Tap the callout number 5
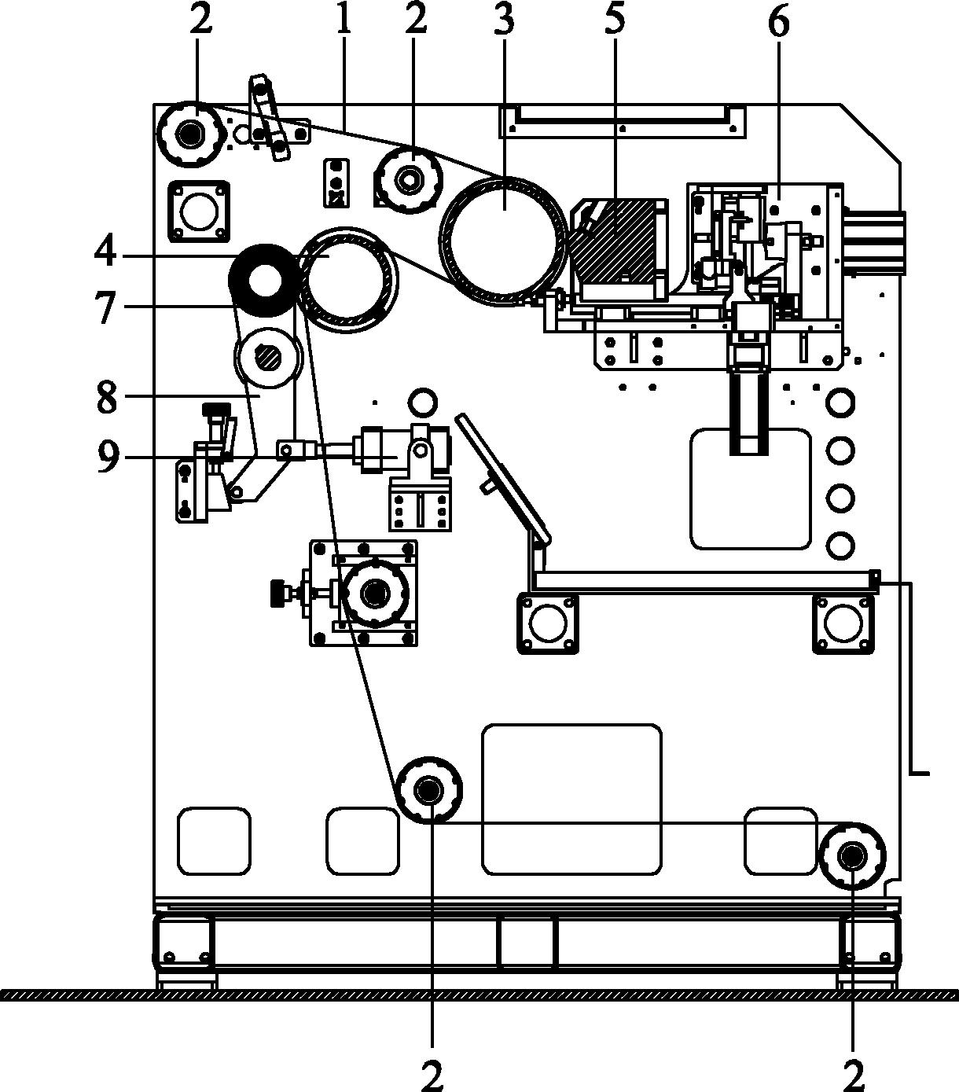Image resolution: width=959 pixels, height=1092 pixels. (615, 20)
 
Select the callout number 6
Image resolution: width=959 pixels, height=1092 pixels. (778, 21)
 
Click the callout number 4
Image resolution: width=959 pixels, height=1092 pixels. (105, 253)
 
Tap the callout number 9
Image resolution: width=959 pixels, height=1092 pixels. (107, 456)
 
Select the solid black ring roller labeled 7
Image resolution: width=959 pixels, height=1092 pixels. (263, 281)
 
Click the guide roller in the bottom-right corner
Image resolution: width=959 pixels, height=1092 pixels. (852, 856)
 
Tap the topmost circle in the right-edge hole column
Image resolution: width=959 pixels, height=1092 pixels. (840, 403)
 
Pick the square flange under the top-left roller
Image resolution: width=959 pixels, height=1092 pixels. (198, 211)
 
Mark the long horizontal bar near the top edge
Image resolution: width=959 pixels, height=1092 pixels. (622, 121)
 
